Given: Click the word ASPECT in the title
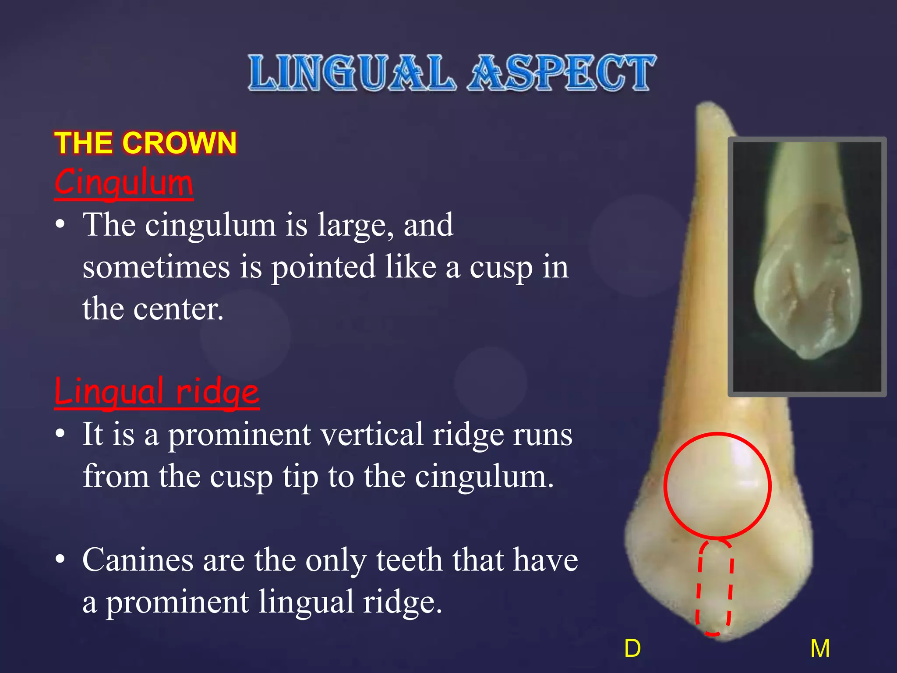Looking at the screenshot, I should [562, 73].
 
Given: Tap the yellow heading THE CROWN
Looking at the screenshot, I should [145, 143].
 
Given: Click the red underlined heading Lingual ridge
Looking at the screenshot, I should [156, 391].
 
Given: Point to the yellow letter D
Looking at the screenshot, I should [632, 648].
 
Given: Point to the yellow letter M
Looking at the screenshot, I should [819, 648].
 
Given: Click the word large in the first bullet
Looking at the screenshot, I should [355, 225].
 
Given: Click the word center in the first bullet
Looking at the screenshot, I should [178, 309].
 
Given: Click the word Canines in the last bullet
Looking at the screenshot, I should [138, 560].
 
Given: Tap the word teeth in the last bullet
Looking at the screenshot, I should [409, 560].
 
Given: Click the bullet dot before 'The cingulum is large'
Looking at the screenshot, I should [60, 225].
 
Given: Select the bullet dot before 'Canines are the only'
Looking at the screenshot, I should [60, 559].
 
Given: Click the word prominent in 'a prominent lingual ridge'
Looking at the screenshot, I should [177, 602].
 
